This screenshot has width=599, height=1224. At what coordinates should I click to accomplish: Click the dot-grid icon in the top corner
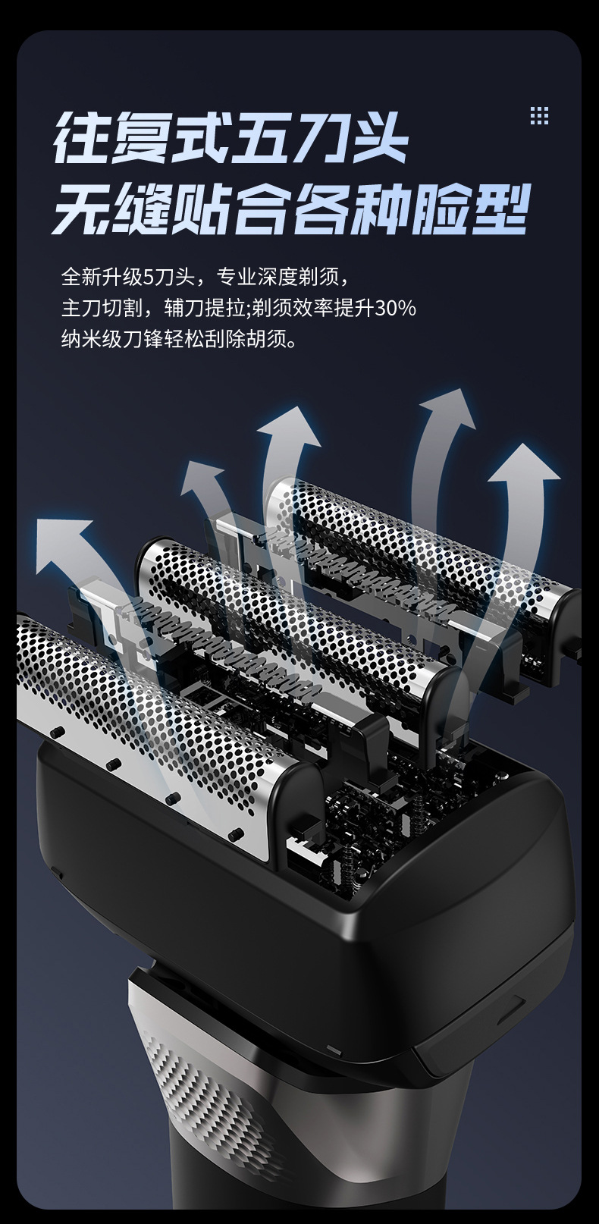click(x=539, y=115)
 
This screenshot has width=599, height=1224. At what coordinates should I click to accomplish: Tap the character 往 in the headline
click(x=82, y=139)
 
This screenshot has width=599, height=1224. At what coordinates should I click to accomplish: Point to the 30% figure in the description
click(x=394, y=308)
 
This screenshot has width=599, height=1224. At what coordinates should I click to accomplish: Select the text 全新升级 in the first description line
click(x=102, y=277)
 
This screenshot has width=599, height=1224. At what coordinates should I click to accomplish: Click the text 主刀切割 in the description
click(x=102, y=308)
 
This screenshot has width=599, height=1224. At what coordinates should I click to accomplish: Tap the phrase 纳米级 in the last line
click(x=91, y=340)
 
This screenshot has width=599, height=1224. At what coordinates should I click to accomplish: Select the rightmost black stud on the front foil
click(x=236, y=834)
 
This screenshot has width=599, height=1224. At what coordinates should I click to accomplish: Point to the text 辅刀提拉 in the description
click(x=205, y=308)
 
